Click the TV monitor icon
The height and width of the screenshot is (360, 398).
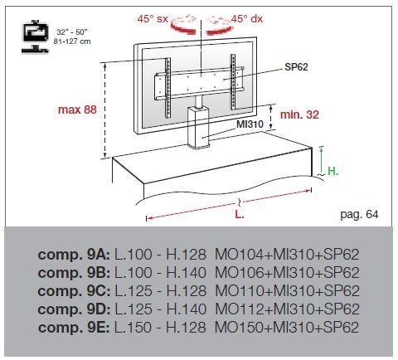pyautogui.click(x=35, y=36)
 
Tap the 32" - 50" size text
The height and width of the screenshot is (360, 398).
pyautogui.click(x=72, y=32)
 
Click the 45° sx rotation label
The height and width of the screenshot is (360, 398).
pyautogui.click(x=153, y=19)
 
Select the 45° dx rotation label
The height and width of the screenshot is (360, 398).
pyautogui.click(x=247, y=19)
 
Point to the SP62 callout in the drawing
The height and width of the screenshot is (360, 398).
pyautogui.click(x=296, y=67)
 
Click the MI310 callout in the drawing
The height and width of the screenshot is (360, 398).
pyautogui.click(x=250, y=124)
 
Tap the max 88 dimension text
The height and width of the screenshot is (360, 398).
pyautogui.click(x=77, y=109)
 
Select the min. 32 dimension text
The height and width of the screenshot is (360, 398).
pyautogui.click(x=299, y=114)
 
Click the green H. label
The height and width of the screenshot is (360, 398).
pyautogui.click(x=332, y=171)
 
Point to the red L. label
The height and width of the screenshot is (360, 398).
pyautogui.click(x=240, y=214)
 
